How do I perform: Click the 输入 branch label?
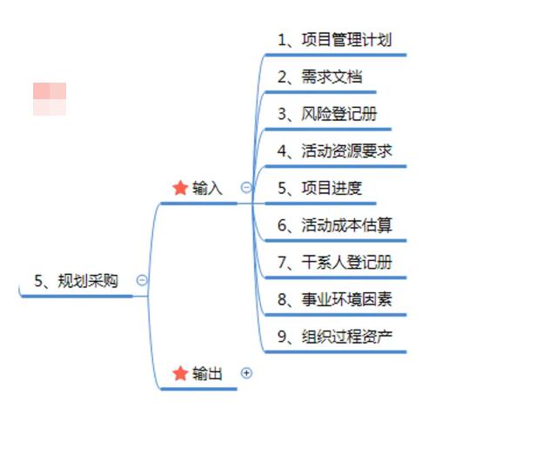pyautogui.click(x=207, y=188)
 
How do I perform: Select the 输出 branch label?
pyautogui.click(x=207, y=374)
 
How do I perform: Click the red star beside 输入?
pyautogui.click(x=180, y=188)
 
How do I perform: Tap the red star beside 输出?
pyautogui.click(x=180, y=374)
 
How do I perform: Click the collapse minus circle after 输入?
pyautogui.click(x=246, y=187)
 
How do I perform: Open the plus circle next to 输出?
pyautogui.click(x=246, y=373)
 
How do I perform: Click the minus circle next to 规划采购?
pyautogui.click(x=142, y=280)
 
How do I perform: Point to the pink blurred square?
pyautogui.click(x=50, y=98)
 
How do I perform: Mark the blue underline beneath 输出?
pyautogui.click(x=198, y=389)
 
